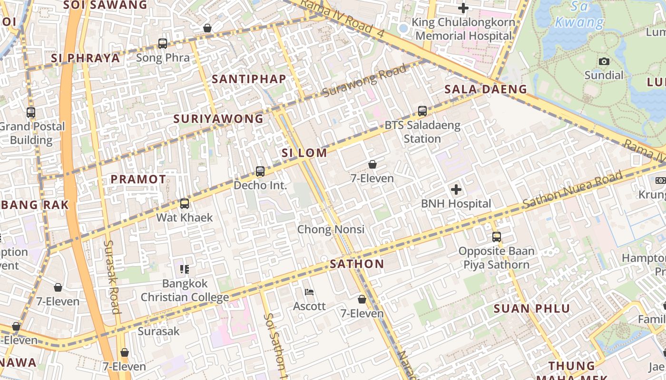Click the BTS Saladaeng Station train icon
click(422, 111)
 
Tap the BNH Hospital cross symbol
click(456, 190)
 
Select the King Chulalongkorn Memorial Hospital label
click(463, 29)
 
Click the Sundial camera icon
click(604, 62)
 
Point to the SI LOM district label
click(304, 153)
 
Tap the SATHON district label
click(357, 265)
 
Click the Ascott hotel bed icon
click(309, 292)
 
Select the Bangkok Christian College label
click(185, 291)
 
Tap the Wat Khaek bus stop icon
click(185, 204)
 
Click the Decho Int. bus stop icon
click(260, 171)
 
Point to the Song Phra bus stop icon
click(163, 44)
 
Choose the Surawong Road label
click(365, 81)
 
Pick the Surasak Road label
click(112, 277)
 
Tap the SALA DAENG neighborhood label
click(486, 89)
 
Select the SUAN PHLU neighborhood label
click(531, 309)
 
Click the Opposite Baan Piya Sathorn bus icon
click(497, 237)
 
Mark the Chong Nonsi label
click(331, 229)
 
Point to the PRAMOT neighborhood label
click(138, 180)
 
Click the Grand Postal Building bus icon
click(31, 113)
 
